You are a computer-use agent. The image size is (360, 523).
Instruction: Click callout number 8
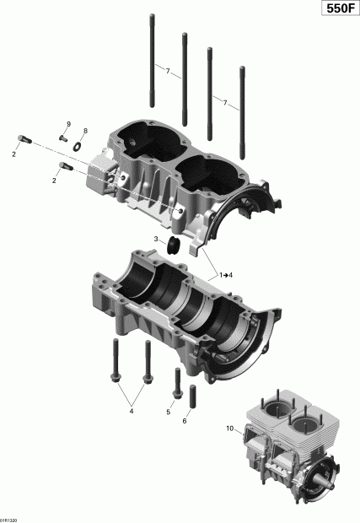tap(84, 132)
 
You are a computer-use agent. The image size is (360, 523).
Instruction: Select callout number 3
tap(156, 240)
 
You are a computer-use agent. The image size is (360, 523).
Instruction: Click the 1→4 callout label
tap(228, 276)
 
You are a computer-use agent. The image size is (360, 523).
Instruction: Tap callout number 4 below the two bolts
tap(131, 411)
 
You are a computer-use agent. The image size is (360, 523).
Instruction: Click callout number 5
tap(169, 412)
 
